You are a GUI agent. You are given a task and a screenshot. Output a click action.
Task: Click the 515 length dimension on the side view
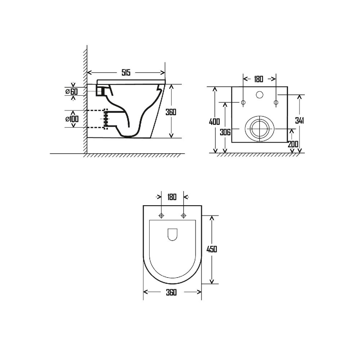pos(126,73)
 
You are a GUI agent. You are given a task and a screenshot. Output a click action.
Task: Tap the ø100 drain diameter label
pos(72,118)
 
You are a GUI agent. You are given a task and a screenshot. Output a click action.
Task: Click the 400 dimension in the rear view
pos(215,121)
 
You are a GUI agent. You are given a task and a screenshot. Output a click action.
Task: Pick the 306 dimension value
pos(225,132)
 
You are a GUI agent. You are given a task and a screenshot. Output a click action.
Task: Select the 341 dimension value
pos(300,121)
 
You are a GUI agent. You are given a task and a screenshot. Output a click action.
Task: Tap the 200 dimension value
pos(293,144)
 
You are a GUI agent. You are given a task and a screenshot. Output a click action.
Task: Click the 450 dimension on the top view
pos(212,249)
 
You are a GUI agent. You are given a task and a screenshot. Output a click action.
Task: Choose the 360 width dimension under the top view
pos(172,292)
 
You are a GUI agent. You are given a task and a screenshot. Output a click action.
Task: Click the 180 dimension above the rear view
pos(258,79)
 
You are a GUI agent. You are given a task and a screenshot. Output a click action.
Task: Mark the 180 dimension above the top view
pos(172,197)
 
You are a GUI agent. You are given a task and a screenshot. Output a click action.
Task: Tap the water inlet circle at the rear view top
pos(259,95)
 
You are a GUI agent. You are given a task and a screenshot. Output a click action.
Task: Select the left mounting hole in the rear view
pos(243,103)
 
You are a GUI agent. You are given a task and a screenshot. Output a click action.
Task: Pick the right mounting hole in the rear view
pos(276,103)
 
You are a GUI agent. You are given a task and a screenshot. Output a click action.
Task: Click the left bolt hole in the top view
pos(161,216)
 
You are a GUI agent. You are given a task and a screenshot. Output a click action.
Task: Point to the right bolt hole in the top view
pos(184,216)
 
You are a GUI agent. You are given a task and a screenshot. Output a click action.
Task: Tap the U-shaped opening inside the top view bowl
pos(173,235)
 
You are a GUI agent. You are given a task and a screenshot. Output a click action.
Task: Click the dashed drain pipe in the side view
pos(96,119)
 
